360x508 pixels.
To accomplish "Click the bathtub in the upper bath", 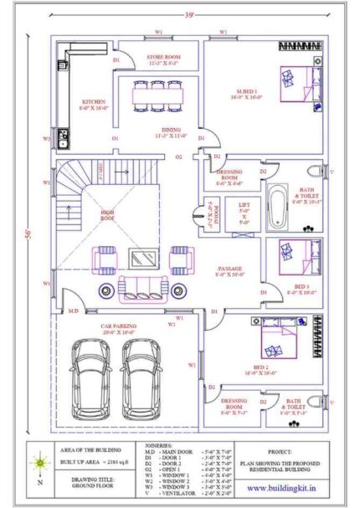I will pyautogui.click(x=277, y=205).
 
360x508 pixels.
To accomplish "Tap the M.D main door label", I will pyautogui.click(x=73, y=310).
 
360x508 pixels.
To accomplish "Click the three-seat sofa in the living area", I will pyautogui.click(x=141, y=291).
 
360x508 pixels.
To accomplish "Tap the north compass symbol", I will pyautogui.click(x=40, y=463).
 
